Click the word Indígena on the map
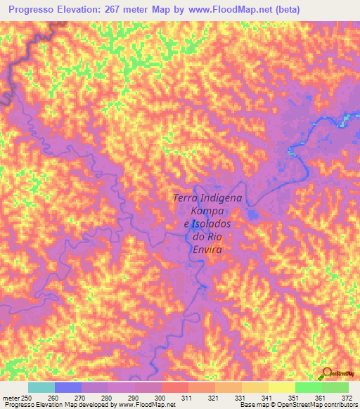tap(221, 198)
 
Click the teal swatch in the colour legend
tap(41, 387)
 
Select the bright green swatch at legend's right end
tap(335, 387)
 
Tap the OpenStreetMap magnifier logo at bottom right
tap(327, 373)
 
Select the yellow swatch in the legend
tap(282, 387)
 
